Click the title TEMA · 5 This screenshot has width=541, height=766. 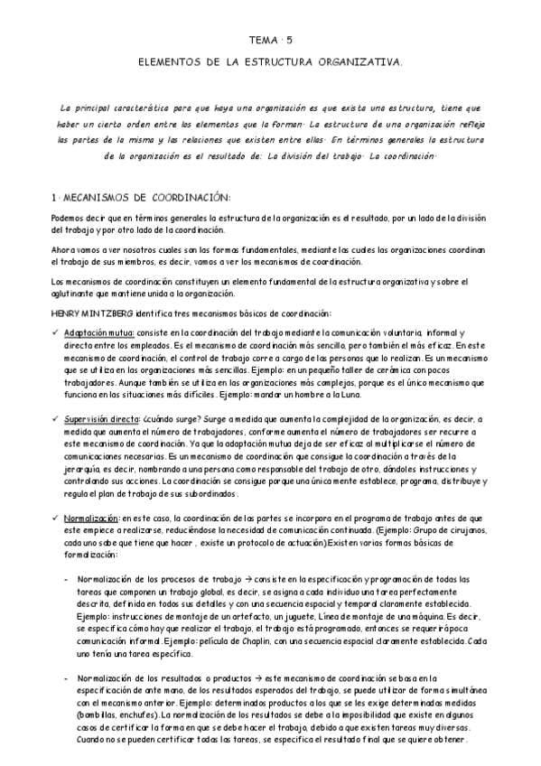coord(271,41)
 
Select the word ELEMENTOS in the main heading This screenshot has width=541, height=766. coord(167,63)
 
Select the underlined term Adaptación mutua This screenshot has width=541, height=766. coord(98,333)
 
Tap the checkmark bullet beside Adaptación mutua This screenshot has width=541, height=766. coord(56,333)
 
